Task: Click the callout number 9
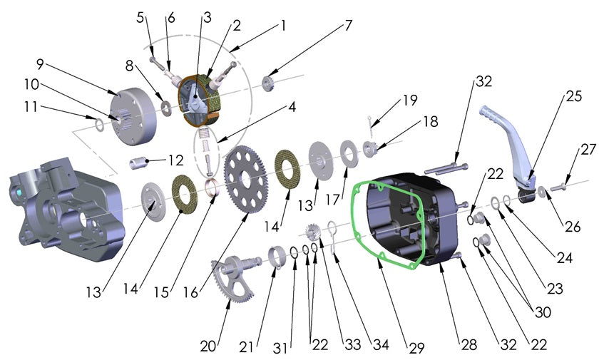(40, 63)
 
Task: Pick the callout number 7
(348, 25)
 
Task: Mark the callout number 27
(588, 150)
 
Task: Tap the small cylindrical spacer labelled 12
(138, 163)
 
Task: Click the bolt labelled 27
(561, 187)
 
